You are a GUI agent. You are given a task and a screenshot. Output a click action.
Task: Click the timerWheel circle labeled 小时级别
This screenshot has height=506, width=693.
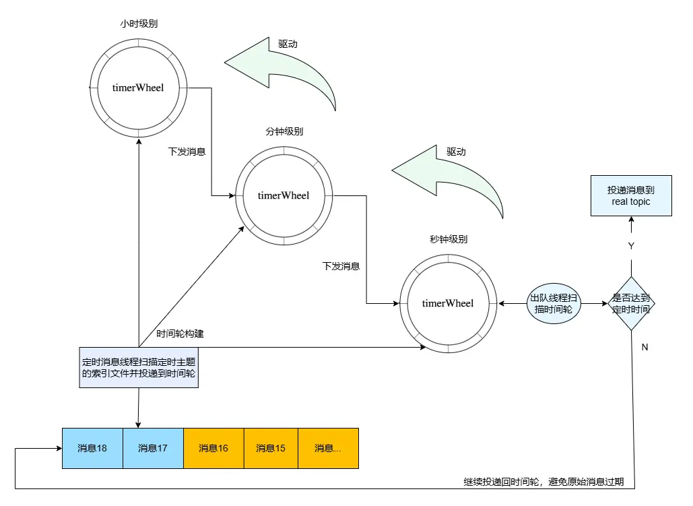(x=138, y=88)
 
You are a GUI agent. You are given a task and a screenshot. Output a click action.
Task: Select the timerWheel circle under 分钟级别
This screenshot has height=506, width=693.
(x=283, y=195)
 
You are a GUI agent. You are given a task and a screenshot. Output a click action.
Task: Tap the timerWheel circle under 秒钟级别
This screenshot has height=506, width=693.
(x=448, y=303)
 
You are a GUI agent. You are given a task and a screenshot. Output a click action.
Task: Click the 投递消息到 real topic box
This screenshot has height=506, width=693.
(x=631, y=196)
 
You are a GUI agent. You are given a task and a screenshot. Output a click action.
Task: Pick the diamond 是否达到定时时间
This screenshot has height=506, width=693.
(x=631, y=304)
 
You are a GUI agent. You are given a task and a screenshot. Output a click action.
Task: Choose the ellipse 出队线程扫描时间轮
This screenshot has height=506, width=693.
(x=554, y=304)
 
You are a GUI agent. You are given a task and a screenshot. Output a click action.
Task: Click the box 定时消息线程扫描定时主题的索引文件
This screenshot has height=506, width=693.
(x=139, y=368)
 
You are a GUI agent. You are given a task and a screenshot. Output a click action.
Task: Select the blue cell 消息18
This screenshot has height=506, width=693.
(x=92, y=448)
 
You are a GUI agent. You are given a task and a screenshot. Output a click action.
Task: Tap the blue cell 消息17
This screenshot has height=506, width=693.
(x=153, y=448)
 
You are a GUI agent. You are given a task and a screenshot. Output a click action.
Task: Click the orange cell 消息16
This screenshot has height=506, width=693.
(x=213, y=448)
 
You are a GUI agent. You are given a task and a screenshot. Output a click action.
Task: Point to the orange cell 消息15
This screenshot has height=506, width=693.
(x=271, y=448)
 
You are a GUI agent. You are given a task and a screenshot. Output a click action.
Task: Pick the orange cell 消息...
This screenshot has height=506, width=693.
(x=328, y=448)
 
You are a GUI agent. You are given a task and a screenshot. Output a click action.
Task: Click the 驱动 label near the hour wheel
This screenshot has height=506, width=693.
(x=288, y=44)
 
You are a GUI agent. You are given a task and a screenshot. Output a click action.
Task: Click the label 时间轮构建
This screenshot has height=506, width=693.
(x=180, y=334)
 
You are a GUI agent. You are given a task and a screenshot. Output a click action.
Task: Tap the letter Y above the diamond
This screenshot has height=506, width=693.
(x=631, y=246)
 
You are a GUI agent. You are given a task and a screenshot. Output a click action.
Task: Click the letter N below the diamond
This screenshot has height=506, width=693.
(x=645, y=347)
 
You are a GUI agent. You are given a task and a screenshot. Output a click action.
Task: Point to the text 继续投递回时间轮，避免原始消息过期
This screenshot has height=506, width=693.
(x=544, y=482)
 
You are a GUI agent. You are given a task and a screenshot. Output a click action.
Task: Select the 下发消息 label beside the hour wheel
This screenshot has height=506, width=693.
(x=187, y=152)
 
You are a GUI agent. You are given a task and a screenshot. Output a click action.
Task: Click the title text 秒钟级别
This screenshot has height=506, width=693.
(x=449, y=239)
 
